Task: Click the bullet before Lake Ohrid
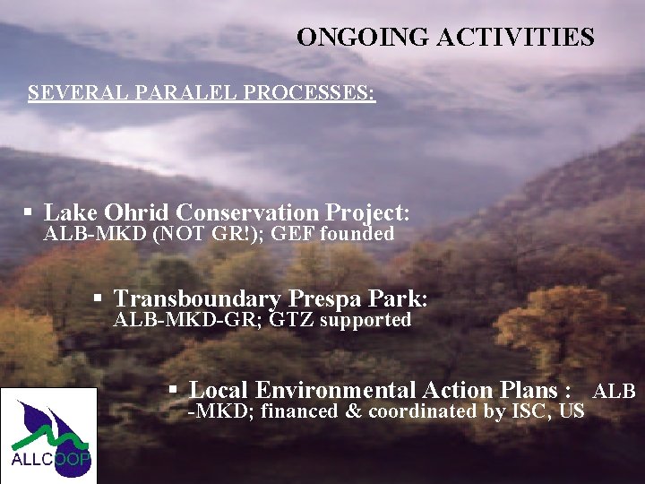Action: pos(29,213)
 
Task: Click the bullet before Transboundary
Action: pos(99,298)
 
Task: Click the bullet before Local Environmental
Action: pos(175,391)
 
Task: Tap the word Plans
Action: pos(533,391)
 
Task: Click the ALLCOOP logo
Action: pos(48,436)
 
